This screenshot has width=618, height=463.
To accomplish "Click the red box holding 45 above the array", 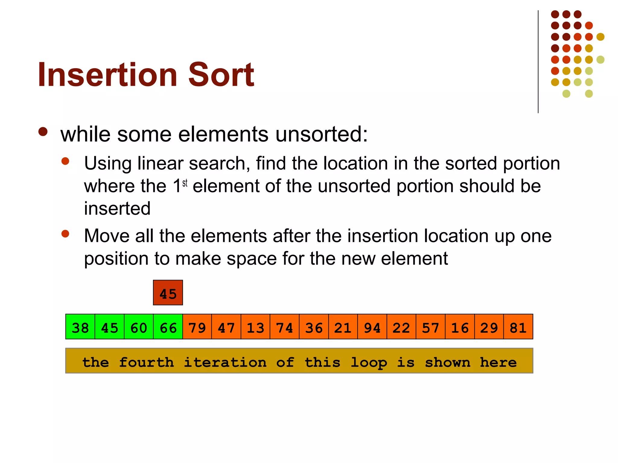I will click(168, 293).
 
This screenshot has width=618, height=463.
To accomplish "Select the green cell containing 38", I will click(80, 327).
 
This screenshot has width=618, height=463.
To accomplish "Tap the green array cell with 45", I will click(110, 327).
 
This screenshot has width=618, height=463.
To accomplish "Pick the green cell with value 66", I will click(168, 327).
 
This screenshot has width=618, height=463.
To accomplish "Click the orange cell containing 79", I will click(197, 327).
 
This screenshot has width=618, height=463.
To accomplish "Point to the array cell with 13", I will click(255, 327).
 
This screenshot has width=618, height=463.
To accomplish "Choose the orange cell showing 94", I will click(372, 327).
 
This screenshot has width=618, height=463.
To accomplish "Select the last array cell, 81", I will click(518, 327).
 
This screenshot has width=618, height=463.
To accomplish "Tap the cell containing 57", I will click(430, 327).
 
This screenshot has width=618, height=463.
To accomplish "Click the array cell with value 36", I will click(314, 327).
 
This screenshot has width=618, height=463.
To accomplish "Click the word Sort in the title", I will click(221, 74).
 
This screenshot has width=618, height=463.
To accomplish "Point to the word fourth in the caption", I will click(146, 362).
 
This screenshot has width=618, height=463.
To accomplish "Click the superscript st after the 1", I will click(185, 183).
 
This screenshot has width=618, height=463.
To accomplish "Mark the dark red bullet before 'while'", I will click(43, 132).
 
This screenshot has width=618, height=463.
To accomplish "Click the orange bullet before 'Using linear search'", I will click(65, 161).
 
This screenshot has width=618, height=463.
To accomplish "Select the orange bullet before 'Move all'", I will click(65, 234).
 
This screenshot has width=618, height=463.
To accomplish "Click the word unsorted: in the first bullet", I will click(321, 134).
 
